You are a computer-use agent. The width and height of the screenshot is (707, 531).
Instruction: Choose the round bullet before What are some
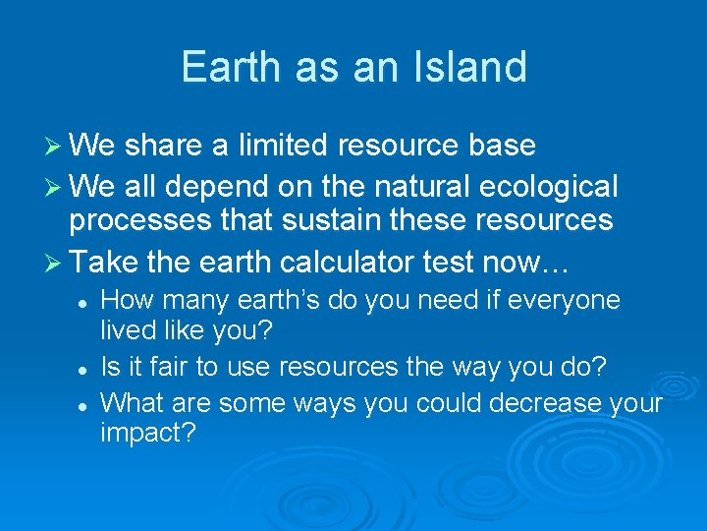coord(84,403)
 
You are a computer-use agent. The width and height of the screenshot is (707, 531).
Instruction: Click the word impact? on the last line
coord(148,433)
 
